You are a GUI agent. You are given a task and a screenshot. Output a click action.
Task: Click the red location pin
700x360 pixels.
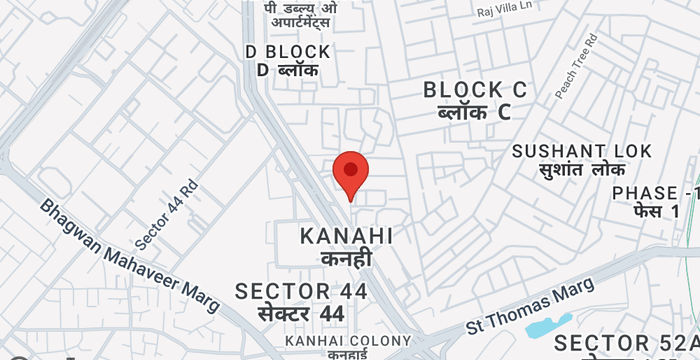coord(350,173)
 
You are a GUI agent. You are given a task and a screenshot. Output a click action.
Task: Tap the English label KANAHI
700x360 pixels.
coord(346,237)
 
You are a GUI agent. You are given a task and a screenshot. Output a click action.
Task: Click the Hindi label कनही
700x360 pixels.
coord(346,260)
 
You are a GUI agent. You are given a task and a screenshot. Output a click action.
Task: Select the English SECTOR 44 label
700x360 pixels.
coord(301,291)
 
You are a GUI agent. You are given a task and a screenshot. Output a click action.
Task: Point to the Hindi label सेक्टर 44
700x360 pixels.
coord(301,314)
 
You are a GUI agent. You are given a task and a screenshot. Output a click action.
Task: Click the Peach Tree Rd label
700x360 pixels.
coord(576,66)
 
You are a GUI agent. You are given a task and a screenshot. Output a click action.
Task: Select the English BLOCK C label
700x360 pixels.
coord(476,90)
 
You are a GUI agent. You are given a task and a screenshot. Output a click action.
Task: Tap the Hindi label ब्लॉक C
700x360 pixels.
coord(474,112)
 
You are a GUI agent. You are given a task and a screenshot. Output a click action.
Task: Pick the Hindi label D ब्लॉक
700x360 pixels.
coord(287,70)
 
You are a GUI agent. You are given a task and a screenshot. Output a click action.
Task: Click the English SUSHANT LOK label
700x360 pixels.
coord(582,151)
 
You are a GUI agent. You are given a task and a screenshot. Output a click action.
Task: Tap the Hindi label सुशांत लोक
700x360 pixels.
coord(581,171)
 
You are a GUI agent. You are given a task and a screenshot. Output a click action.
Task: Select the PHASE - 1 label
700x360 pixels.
coord(655,193)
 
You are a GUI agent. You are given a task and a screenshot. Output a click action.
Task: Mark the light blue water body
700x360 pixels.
coord(547,326)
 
